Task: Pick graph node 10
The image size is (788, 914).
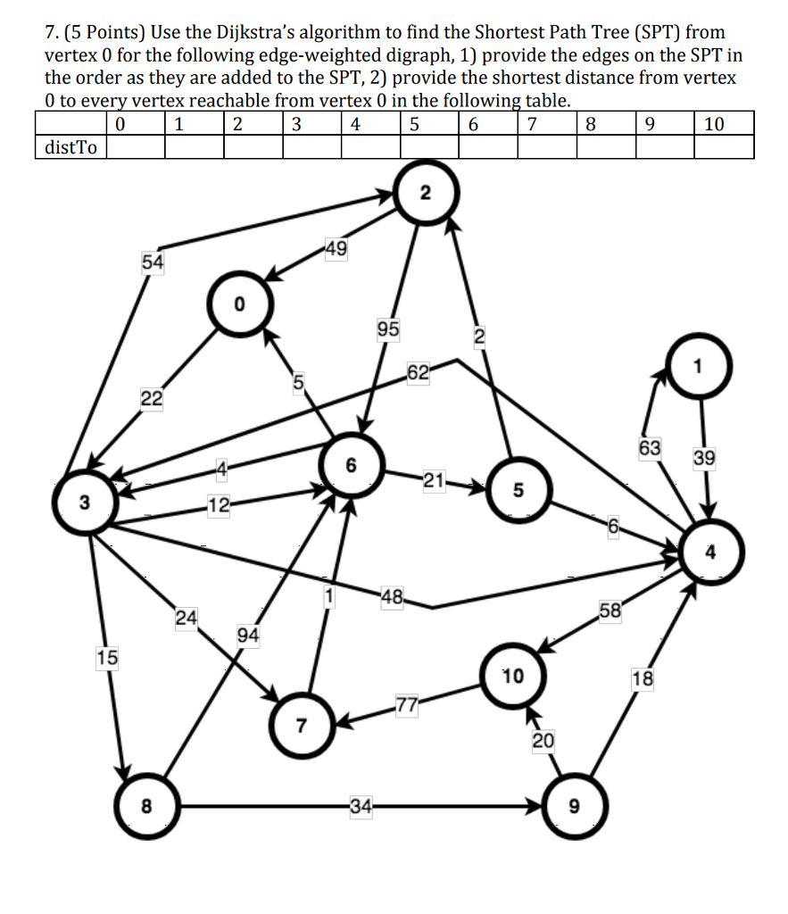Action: (x=512, y=677)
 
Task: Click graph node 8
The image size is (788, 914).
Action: (x=146, y=806)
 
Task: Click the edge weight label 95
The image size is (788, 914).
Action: (x=387, y=330)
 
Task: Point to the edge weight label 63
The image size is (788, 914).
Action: (x=649, y=447)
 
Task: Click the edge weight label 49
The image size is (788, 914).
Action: (x=336, y=249)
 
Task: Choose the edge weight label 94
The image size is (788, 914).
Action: (x=248, y=636)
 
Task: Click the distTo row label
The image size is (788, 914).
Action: (x=71, y=147)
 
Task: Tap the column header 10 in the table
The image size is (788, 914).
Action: (x=714, y=124)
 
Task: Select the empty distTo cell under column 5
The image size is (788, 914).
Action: (x=428, y=147)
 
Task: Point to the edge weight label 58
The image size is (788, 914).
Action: (x=610, y=611)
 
